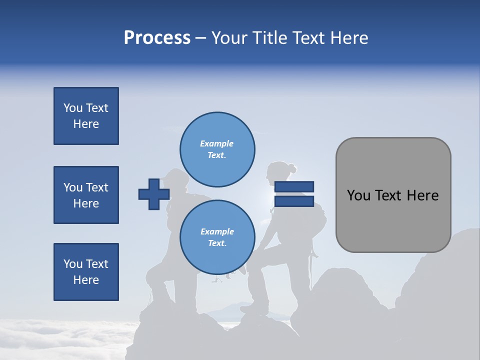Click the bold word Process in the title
tap(157, 38)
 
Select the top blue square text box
tap(86, 116)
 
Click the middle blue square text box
tap(86, 195)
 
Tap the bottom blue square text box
tap(86, 272)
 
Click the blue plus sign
tap(154, 194)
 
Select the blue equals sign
tap(294, 194)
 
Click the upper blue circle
tap(217, 149)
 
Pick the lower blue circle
tap(217, 237)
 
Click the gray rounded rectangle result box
tap(393, 195)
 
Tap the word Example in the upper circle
tap(217, 143)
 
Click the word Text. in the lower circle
tap(217, 243)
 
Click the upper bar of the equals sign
tap(294, 186)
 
